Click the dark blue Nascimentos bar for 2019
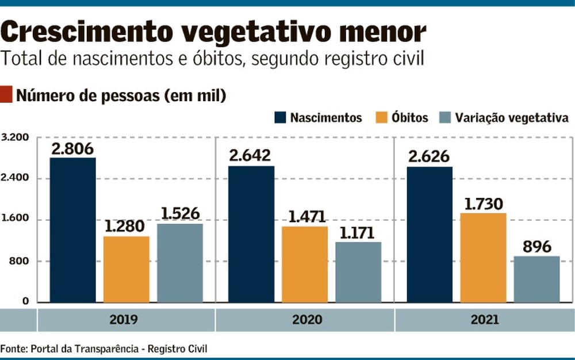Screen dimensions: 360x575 tap(72, 229)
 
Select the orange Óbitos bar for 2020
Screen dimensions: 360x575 tap(305, 264)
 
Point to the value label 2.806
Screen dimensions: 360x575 tap(72, 148)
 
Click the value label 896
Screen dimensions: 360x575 tap(536, 247)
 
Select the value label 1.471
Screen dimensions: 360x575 tap(305, 217)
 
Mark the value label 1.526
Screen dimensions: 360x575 tap(179, 214)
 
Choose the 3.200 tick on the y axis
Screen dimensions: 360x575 tap(15, 138)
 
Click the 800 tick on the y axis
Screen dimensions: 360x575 tap(19, 261)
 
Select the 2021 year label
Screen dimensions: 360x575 tap(483, 320)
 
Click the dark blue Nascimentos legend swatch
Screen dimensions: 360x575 tap(279, 118)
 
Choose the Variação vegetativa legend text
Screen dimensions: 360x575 tap(512, 118)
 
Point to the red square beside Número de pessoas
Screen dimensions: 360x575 tap(6, 94)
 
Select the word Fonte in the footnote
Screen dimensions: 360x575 tap(13, 348)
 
